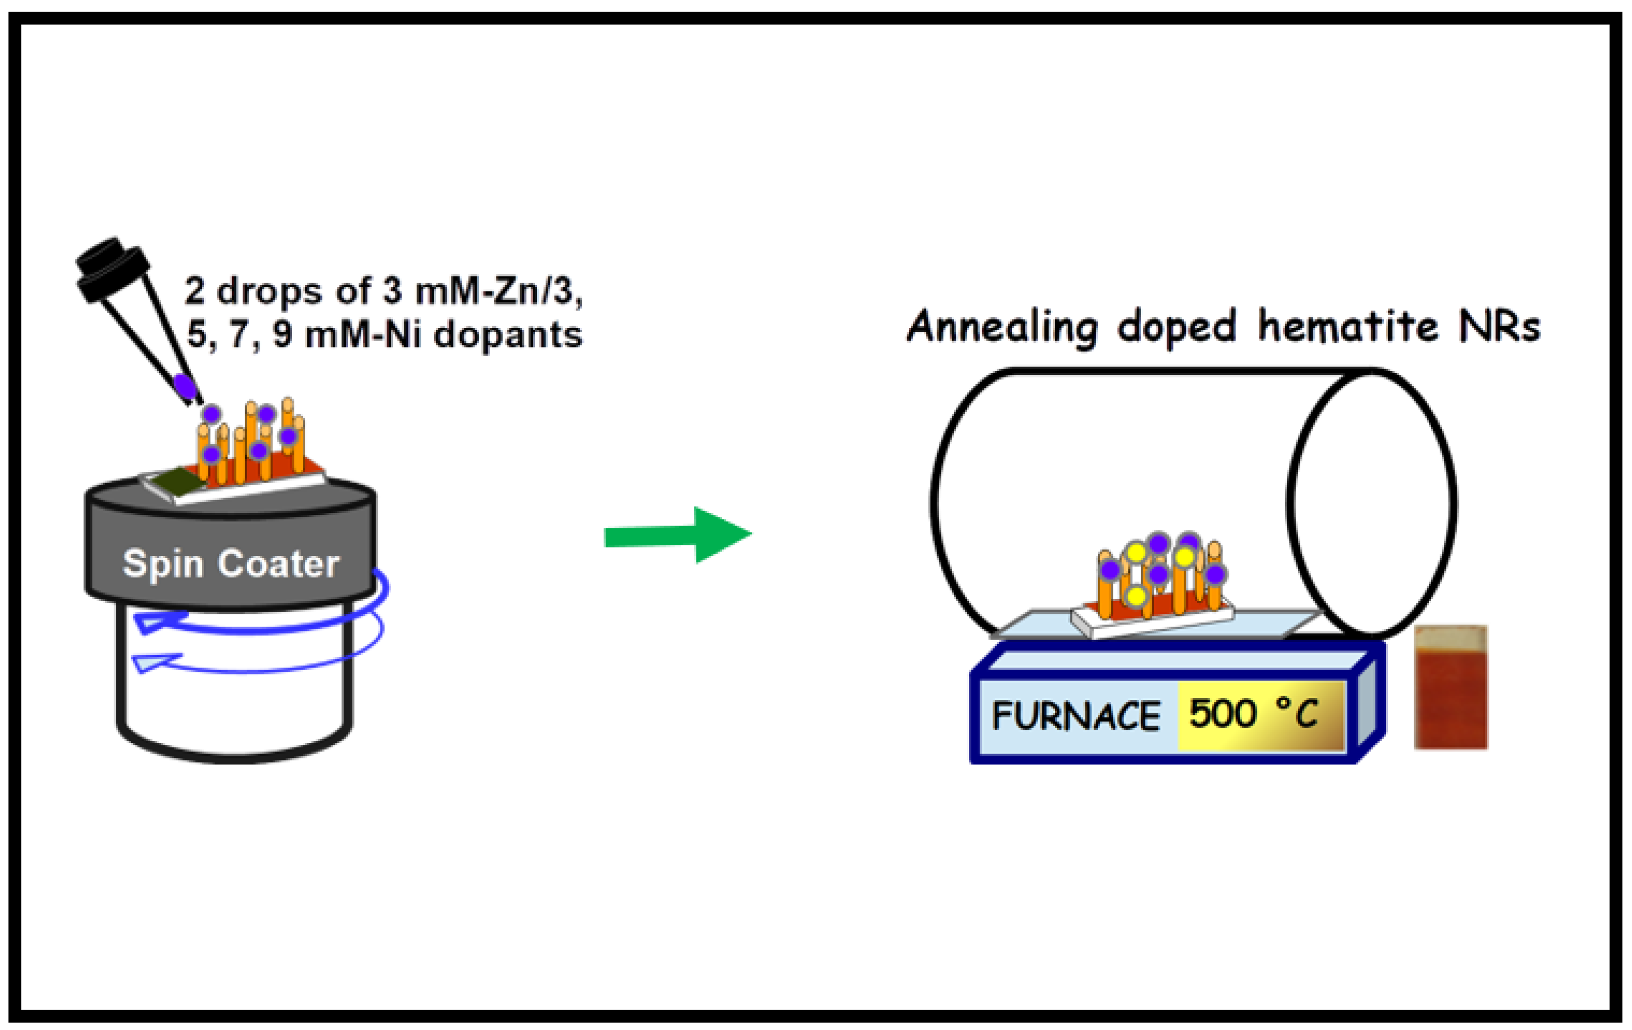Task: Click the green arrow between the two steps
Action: point(678,535)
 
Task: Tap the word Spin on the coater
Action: point(162,564)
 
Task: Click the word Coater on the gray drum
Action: point(278,564)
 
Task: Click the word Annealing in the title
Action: point(1002,327)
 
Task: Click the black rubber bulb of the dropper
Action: point(112,268)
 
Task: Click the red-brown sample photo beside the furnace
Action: point(1450,689)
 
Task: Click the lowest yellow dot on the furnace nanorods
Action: point(1135,597)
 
